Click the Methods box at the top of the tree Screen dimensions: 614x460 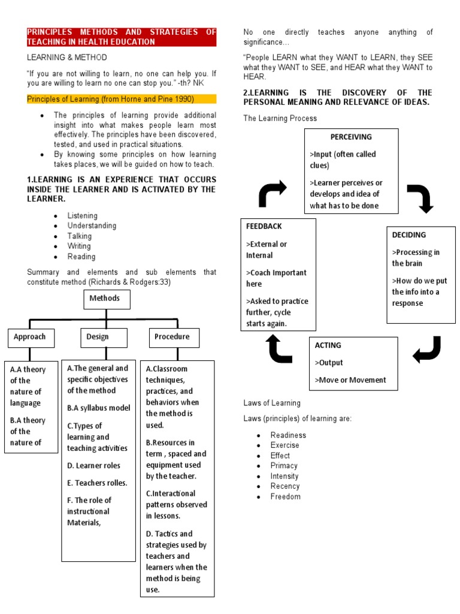click(105, 299)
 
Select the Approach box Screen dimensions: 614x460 click(30, 337)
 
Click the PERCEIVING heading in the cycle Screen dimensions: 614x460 click(351, 137)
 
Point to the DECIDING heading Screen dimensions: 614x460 click(409, 235)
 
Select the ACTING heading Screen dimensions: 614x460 click(328, 345)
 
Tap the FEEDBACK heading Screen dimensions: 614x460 click(264, 227)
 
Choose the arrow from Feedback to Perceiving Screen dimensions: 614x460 click(271, 194)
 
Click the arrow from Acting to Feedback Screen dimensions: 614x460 click(280, 349)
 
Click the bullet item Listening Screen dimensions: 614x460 click(83, 216)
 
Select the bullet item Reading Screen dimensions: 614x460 click(81, 257)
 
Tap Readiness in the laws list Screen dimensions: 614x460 click(288, 435)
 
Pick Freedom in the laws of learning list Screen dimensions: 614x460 click(285, 496)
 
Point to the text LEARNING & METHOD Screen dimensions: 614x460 click(67, 58)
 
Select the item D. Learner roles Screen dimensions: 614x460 click(93, 465)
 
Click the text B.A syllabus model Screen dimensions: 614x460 click(98, 408)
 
